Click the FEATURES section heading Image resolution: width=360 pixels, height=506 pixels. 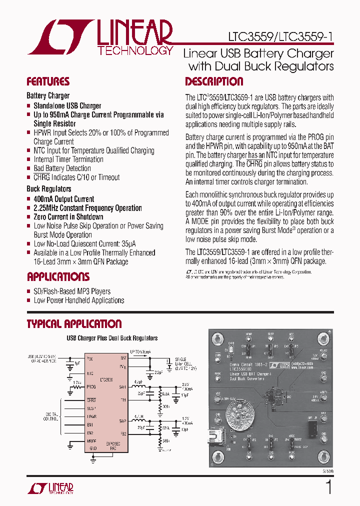[x=48, y=82]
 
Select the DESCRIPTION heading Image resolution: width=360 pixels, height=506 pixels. [x=214, y=82]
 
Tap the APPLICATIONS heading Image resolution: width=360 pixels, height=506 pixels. [x=58, y=277]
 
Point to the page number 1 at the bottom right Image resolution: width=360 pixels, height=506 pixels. [x=329, y=486]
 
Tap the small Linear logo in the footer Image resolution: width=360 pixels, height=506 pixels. [x=50, y=488]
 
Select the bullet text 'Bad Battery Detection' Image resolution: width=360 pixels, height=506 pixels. [x=62, y=168]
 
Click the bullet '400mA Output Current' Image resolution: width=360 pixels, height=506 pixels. [x=63, y=199]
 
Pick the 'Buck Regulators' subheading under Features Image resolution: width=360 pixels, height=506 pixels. [x=49, y=189]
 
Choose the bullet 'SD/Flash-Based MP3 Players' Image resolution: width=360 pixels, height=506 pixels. [x=72, y=291]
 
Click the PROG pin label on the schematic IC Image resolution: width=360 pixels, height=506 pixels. [x=91, y=386]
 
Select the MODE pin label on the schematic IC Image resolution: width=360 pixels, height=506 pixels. [x=91, y=441]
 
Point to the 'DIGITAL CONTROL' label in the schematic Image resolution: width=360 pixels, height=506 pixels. [x=50, y=416]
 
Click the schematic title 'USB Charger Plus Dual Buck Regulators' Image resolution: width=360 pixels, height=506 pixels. [x=112, y=338]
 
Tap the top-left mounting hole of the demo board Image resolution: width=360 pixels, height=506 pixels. [x=218, y=339]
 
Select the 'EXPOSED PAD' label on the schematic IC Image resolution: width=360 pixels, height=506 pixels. [x=113, y=445]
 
